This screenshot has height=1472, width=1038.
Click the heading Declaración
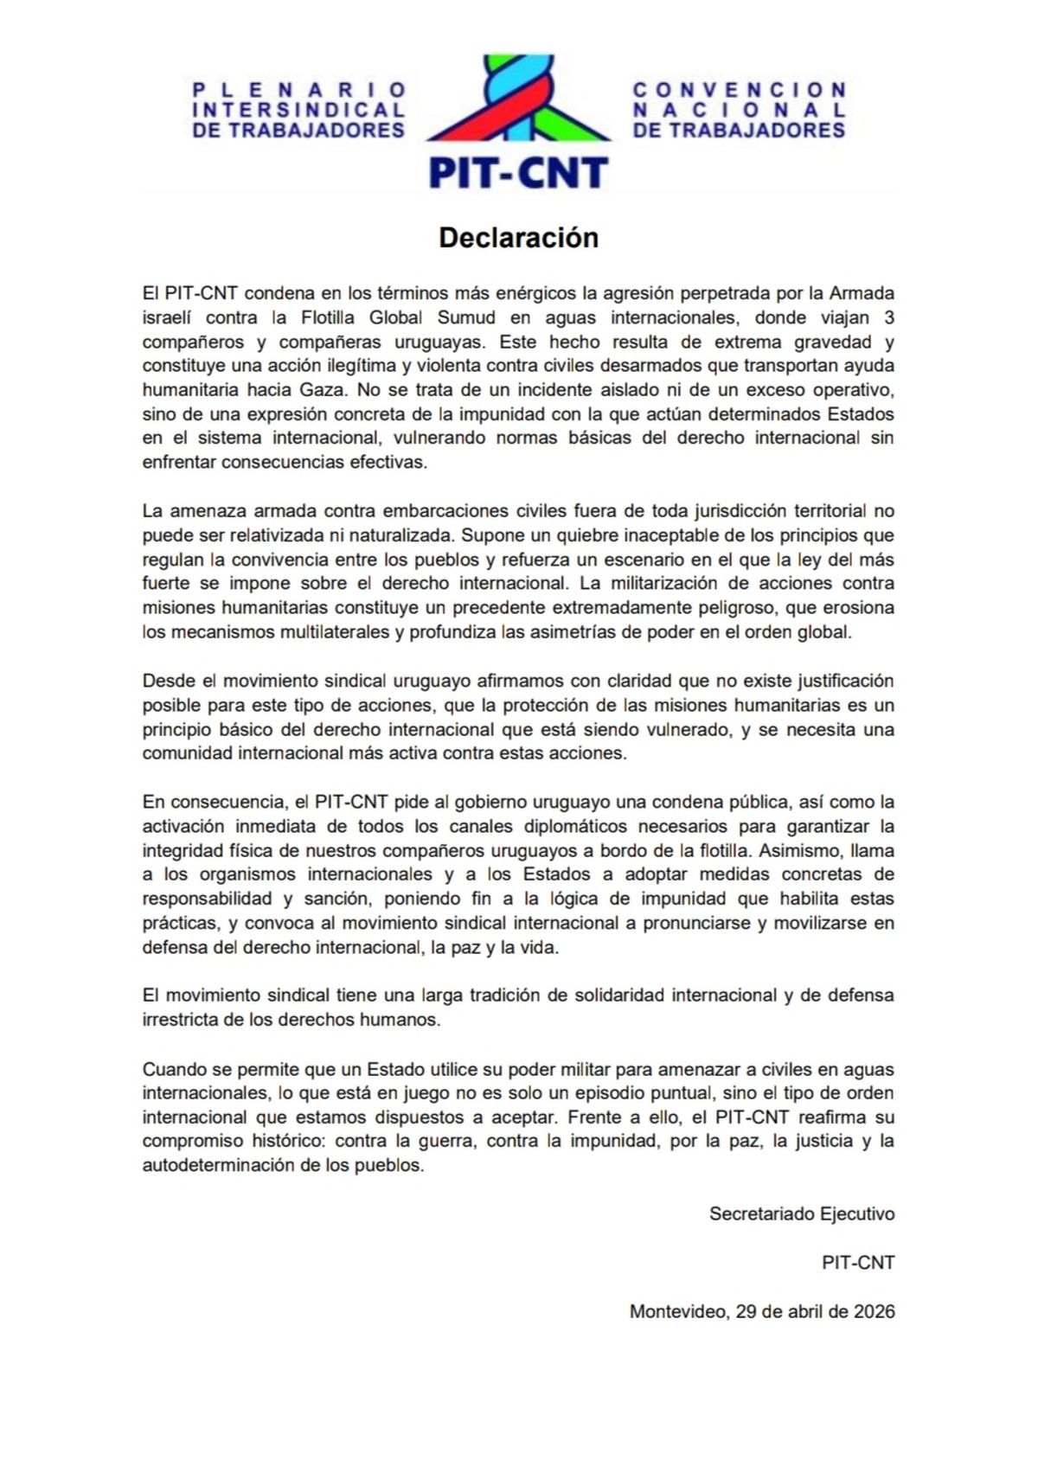[518, 238]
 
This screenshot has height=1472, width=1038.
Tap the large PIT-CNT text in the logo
[518, 173]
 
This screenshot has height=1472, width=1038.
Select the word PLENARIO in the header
[298, 90]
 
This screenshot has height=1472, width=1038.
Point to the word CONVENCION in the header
[739, 90]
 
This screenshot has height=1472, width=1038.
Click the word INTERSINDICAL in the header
[298, 110]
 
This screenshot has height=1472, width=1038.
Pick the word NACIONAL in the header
[739, 110]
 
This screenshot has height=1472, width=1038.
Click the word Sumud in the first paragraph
[466, 317]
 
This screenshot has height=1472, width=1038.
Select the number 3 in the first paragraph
[888, 317]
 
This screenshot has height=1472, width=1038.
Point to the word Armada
[862, 293]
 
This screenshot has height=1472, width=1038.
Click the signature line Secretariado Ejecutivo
[802, 1213]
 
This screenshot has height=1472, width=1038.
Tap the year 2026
[874, 1311]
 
